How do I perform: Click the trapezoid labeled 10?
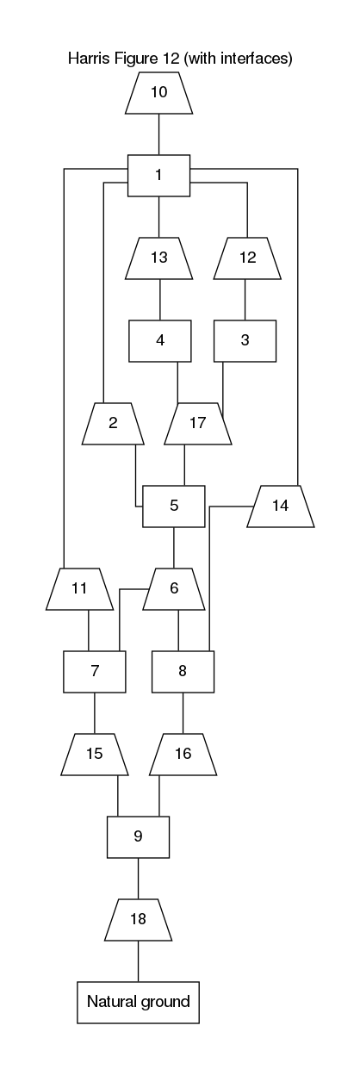pos(159,93)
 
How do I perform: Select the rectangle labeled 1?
pos(159,176)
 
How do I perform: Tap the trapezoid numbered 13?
pos(159,258)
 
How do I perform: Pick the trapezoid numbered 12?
pos(247,258)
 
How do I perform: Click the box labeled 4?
pos(160,341)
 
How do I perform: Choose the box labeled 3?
pos(245,341)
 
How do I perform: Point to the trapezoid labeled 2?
pos(113,424)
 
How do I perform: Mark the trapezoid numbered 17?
pos(198,424)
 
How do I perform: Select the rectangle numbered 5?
pos(174,507)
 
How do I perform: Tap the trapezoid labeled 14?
pos(281,507)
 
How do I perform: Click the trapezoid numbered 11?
pos(80,589)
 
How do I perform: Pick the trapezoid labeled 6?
pos(174,589)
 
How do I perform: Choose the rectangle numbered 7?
pos(95,672)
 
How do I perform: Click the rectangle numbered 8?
pos(183,672)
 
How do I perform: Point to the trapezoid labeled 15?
pos(95,755)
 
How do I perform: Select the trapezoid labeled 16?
pos(183,755)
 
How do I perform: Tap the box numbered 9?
pos(138,837)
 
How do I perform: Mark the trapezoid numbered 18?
pos(138,920)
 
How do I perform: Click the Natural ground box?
pos(139,1002)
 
